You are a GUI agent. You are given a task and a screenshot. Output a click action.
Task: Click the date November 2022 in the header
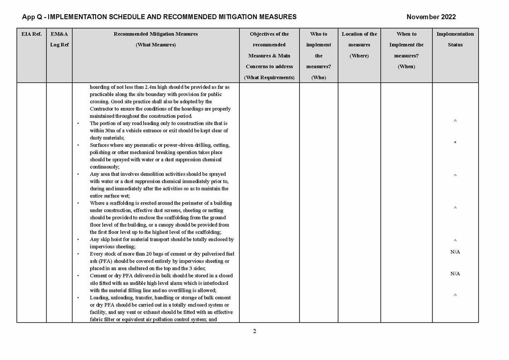pos(431,17)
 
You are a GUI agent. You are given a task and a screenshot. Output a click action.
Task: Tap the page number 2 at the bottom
pos(254,331)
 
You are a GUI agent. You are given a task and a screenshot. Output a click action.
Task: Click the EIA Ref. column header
pos(31,34)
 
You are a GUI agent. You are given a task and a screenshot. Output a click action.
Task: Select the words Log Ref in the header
pos(59,45)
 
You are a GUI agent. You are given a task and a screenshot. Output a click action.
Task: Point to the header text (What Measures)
pos(155,45)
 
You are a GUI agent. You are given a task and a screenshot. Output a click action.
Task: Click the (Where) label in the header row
pos(359,56)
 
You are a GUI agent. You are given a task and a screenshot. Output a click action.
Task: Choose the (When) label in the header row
pos(406,67)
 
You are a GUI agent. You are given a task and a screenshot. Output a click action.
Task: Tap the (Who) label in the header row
pos(319,78)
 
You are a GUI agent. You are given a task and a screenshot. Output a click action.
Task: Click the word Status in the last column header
pos(455,45)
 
